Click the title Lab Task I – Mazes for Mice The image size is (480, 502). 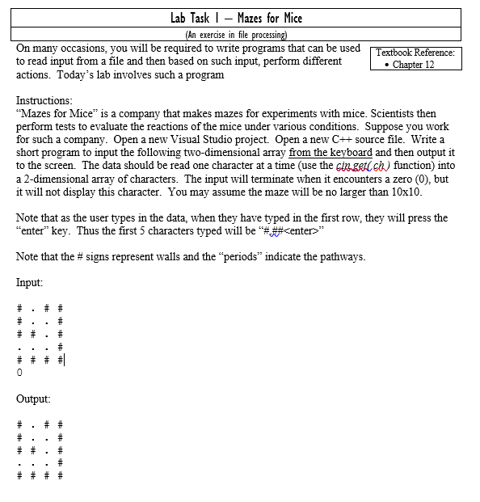point(236,17)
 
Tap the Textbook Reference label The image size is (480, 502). point(416,53)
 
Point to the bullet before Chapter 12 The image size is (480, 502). point(385,65)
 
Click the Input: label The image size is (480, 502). point(30,283)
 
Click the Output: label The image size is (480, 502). point(33,399)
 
